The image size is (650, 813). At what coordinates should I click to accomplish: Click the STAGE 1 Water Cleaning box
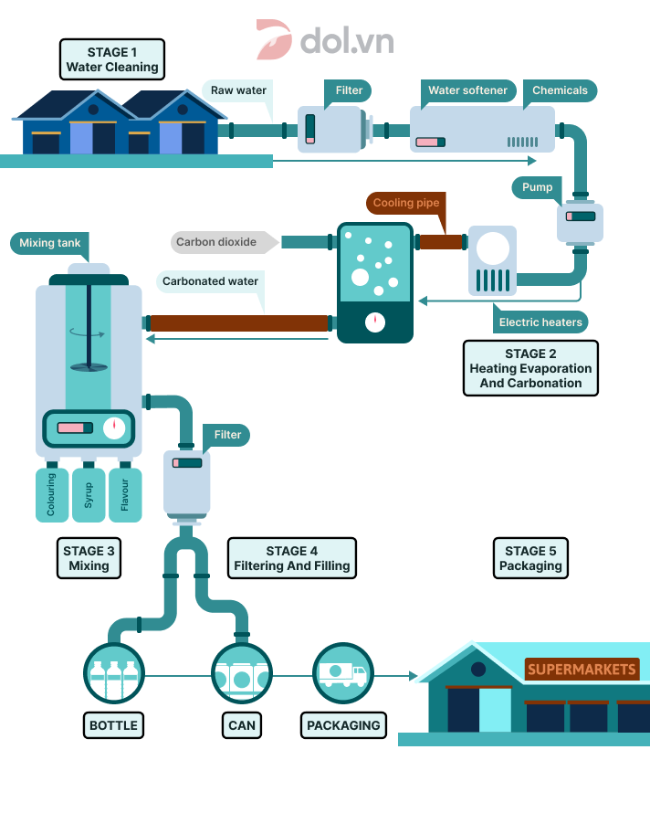[x=111, y=59]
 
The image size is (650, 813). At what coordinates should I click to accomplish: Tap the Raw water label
[x=238, y=90]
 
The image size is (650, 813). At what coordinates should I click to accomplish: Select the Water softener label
[x=467, y=90]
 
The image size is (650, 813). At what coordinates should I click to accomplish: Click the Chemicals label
[x=560, y=90]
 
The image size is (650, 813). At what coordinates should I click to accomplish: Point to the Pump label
[x=537, y=187]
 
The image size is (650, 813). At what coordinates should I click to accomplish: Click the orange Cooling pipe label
[x=405, y=203]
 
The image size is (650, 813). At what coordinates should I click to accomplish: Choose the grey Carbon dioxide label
[x=215, y=242]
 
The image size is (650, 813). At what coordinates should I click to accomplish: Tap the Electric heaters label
[x=540, y=322]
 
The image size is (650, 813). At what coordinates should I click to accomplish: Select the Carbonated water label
[x=210, y=281]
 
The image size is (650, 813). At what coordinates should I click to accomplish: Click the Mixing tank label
[x=49, y=243]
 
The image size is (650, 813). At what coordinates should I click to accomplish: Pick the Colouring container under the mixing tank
[x=51, y=494]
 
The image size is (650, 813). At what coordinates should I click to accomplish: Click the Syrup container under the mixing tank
[x=89, y=494]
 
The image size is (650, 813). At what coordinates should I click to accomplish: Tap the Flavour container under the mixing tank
[x=125, y=494]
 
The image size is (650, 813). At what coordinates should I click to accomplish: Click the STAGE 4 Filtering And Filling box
[x=291, y=558]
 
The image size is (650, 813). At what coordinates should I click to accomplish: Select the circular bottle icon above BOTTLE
[x=114, y=676]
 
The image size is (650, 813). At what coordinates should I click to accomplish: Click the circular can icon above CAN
[x=242, y=676]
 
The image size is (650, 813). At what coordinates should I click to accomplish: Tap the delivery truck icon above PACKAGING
[x=343, y=675]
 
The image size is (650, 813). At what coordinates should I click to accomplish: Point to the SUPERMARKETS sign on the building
[x=582, y=670]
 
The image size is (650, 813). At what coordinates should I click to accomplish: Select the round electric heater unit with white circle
[x=492, y=248]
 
